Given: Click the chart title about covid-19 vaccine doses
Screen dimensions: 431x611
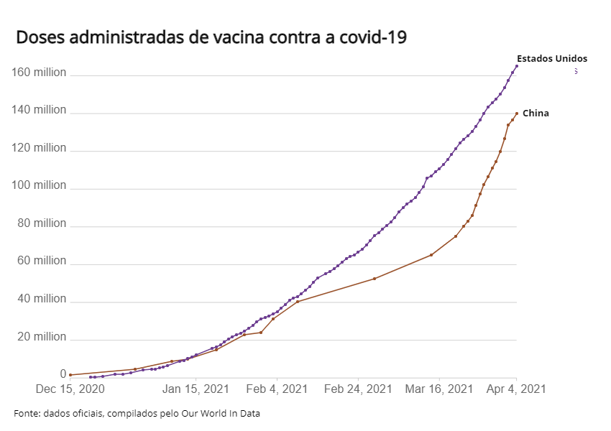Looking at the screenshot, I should (x=211, y=37).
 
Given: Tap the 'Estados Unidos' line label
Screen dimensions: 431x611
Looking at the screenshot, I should (x=552, y=58).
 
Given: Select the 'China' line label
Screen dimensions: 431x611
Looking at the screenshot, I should (x=536, y=113).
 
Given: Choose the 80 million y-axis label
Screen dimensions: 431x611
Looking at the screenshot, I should (x=41, y=224).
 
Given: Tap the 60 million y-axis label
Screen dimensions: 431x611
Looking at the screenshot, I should (x=41, y=261).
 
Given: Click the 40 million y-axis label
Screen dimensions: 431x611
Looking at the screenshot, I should (x=41, y=300).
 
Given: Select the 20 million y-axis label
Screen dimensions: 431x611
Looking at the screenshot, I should (x=41, y=337).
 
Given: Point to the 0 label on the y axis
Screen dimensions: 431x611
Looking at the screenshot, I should (x=63, y=374).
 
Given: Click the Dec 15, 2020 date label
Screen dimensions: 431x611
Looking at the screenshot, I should (x=70, y=389).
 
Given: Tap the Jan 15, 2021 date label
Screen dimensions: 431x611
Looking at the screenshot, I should (x=196, y=389).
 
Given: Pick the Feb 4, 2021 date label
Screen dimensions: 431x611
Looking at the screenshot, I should (x=277, y=389).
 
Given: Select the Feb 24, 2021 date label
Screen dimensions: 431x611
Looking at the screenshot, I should (x=358, y=389).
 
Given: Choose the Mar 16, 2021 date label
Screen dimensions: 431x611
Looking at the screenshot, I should (x=438, y=389).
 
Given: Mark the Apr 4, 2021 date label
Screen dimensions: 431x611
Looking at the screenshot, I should (x=516, y=389).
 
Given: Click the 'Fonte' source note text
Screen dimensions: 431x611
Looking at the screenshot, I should (x=137, y=414).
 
